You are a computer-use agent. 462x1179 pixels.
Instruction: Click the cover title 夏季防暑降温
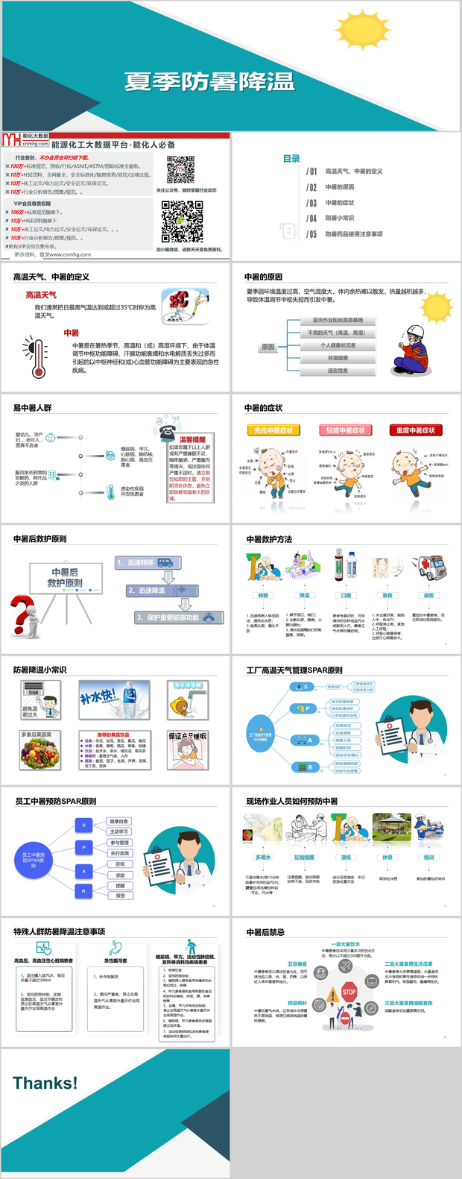[x=209, y=82]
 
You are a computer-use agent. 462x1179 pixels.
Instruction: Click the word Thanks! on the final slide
[x=45, y=1083]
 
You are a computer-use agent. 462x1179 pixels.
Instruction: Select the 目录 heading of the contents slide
[x=291, y=159]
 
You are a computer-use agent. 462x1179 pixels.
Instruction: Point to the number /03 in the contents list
[x=311, y=203]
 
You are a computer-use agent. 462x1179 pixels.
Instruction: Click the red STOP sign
[x=349, y=992]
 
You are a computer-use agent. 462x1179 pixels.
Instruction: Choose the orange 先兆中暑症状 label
[x=273, y=430]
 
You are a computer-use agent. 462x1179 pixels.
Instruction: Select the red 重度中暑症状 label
[x=416, y=430]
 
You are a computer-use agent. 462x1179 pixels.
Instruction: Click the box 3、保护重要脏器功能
[x=179, y=617]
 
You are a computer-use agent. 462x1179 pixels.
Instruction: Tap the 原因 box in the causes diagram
[x=268, y=347]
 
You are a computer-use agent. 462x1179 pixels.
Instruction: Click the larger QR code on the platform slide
[x=183, y=222]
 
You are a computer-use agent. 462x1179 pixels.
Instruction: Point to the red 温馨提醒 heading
[x=192, y=440]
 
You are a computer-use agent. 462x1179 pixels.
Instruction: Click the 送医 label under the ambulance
[x=428, y=595]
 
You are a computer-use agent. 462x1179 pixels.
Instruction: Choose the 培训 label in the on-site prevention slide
[x=428, y=858]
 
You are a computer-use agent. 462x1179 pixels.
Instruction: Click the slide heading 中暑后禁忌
[x=265, y=932]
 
